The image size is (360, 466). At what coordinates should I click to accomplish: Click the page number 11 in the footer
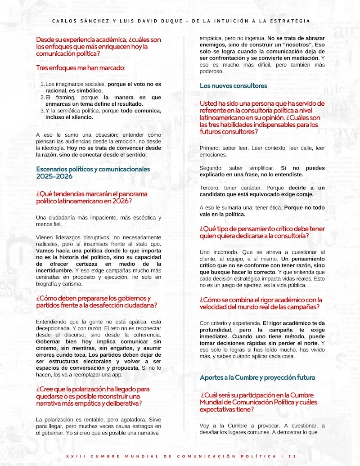tap(292, 456)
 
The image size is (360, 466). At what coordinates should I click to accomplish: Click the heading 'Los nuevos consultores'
tap(233, 85)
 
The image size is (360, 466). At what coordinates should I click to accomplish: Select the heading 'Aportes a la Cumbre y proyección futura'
tap(257, 377)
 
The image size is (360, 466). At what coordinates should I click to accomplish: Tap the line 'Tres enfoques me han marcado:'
tap(81, 68)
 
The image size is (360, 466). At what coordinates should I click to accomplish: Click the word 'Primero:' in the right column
tap(210, 148)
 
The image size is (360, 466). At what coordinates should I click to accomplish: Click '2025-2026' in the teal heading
tap(55, 176)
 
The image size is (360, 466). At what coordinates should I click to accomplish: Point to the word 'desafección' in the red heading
tap(110, 305)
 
